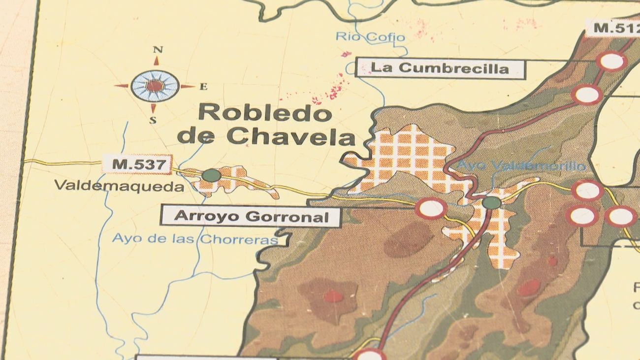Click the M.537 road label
pos(138,164)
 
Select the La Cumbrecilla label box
pos(440,68)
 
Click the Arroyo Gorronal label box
pos(251,216)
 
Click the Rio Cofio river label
pos(371,37)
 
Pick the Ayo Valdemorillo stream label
pos(522,166)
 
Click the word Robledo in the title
pos(265,114)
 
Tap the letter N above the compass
pos(158,49)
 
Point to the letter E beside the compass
pos(203,87)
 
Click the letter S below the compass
pos(153,120)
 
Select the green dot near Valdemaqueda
pos(211,175)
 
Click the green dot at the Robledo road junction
pos(491,202)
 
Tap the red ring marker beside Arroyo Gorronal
pos(431,208)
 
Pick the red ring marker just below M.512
pos(611,62)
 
